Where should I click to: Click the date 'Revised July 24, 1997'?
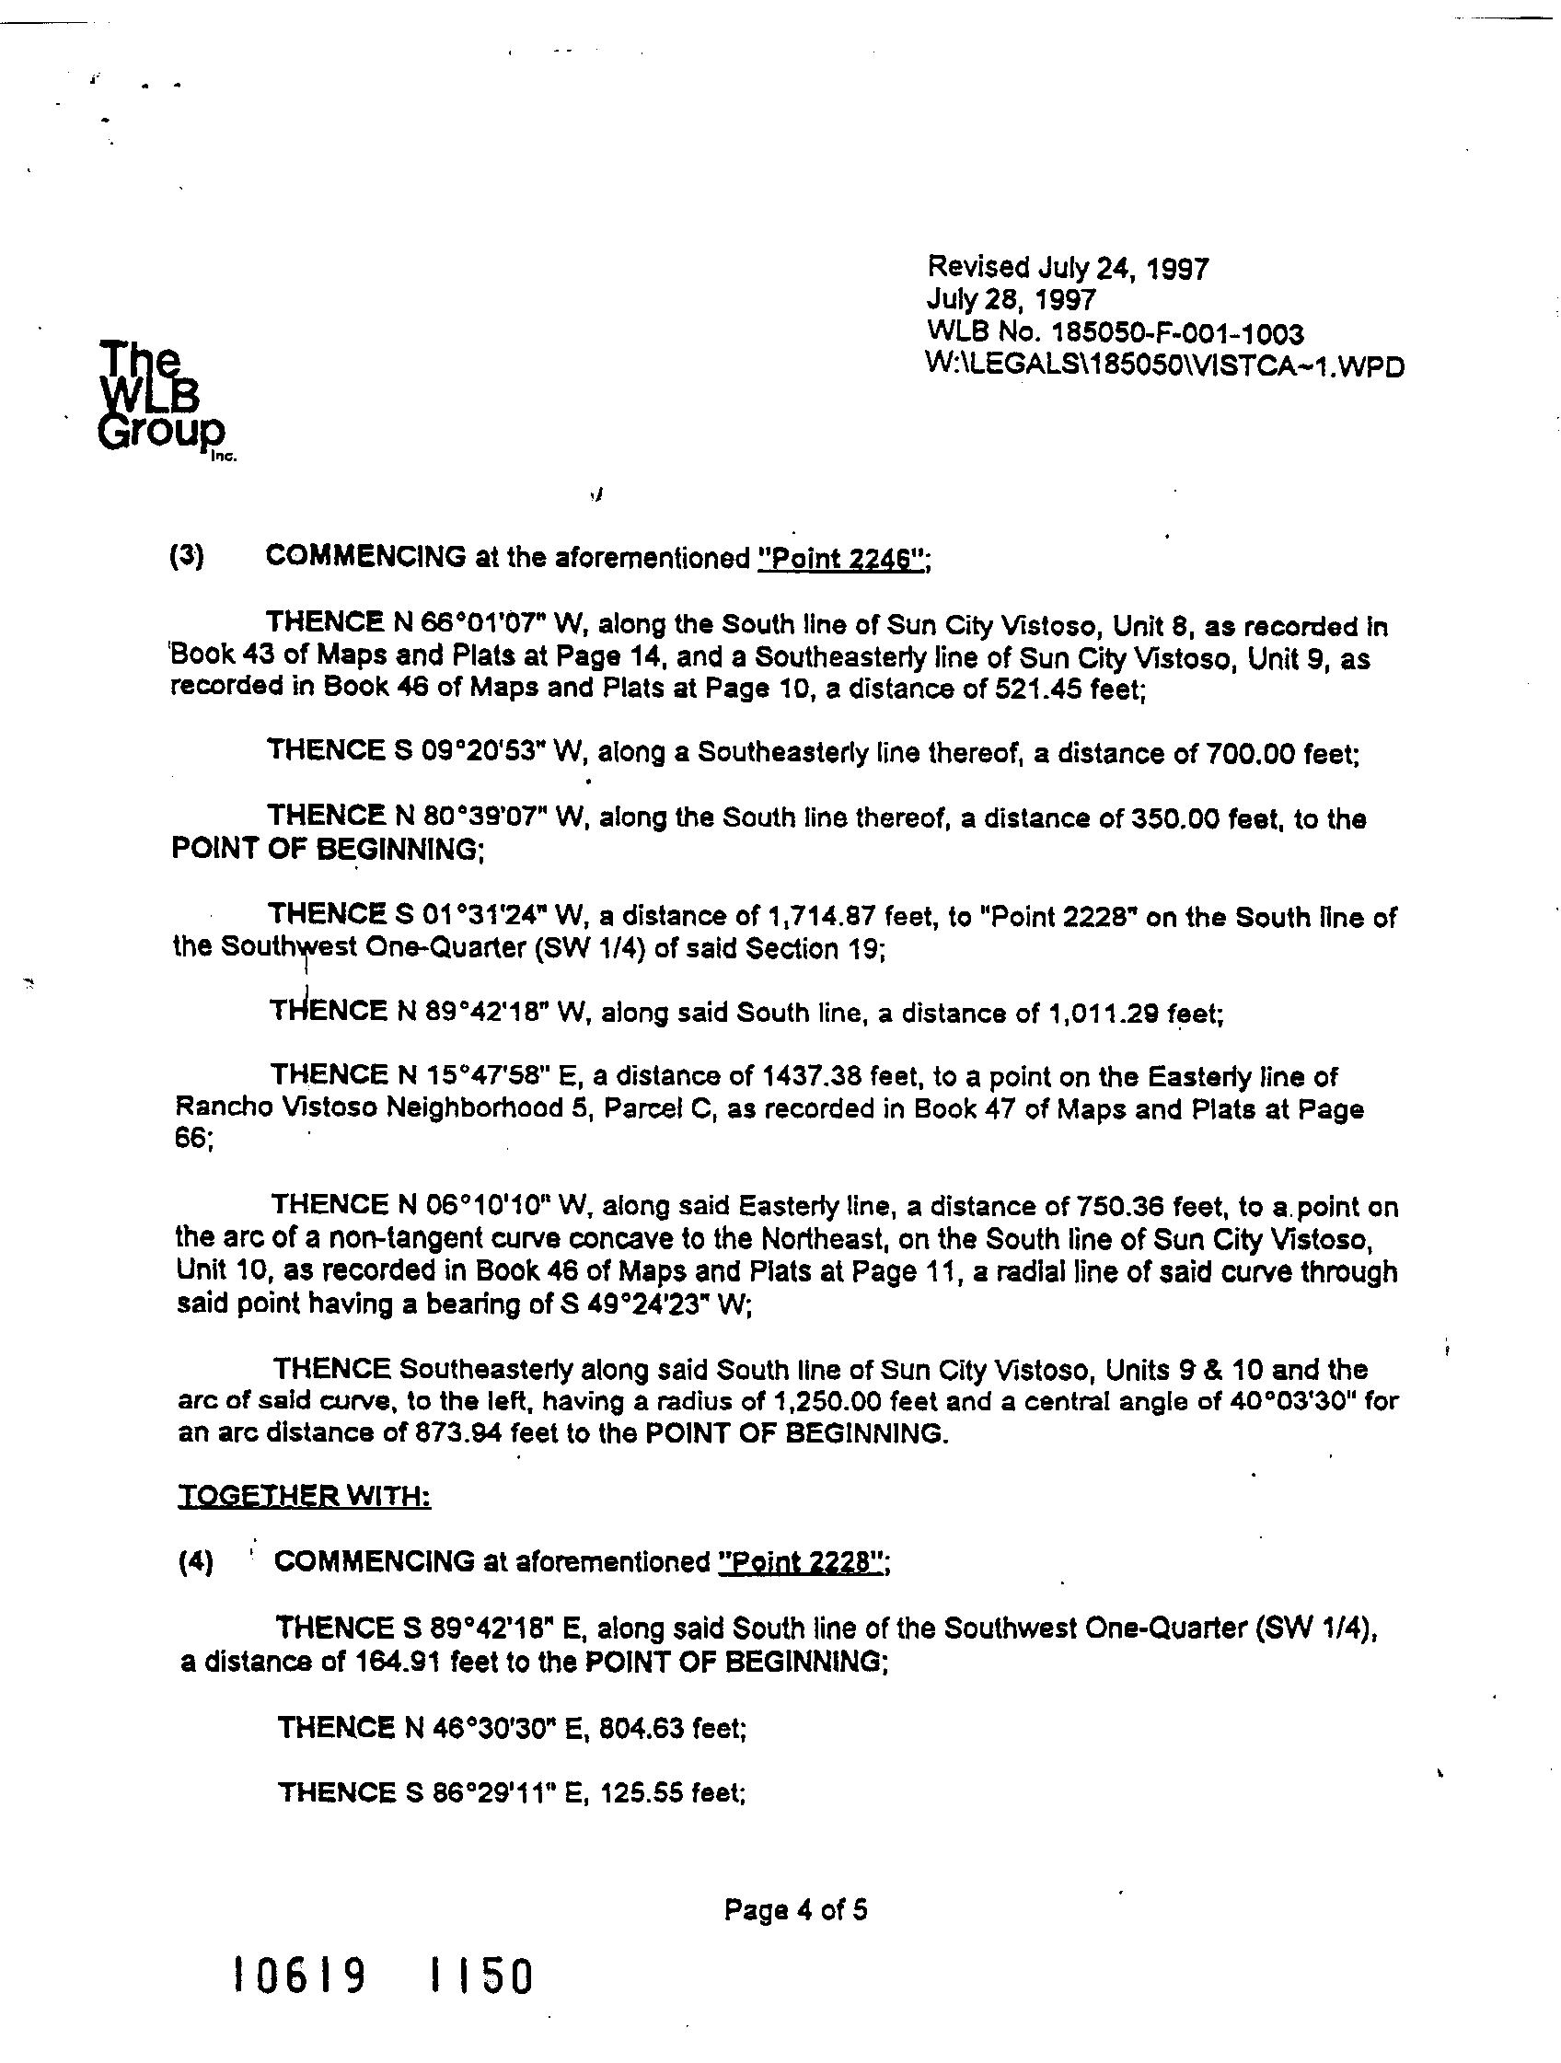coord(1067,269)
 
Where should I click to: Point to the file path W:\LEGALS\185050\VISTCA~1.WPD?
coord(1164,365)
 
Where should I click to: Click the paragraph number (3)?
coord(187,557)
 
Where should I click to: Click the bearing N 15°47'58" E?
coord(485,1076)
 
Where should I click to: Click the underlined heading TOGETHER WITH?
coord(304,1497)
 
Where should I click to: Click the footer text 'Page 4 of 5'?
coord(795,1911)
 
